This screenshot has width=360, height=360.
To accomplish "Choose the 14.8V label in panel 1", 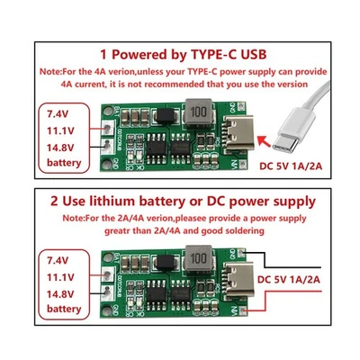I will [x=55, y=148].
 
